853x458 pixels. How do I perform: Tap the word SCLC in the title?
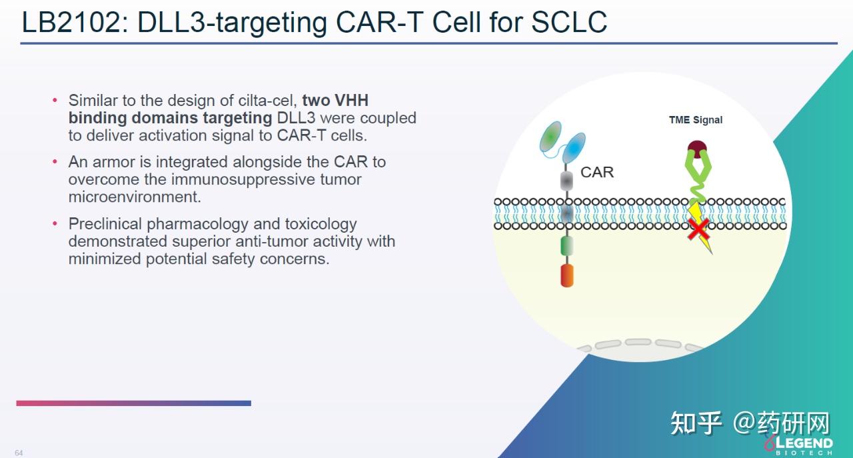coord(568,22)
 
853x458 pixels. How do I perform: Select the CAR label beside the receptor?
coord(596,172)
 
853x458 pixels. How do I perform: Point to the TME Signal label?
coord(695,120)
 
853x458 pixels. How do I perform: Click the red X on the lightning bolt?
coord(698,229)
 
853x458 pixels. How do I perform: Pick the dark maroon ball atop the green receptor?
coord(697,149)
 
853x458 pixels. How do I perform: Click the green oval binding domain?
coord(550,137)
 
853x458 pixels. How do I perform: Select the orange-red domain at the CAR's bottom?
coord(567,275)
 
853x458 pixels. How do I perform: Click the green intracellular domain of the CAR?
coord(567,246)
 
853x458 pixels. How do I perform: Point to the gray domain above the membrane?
coord(566,181)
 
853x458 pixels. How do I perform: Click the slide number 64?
coord(19,453)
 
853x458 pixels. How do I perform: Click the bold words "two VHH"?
coord(335,101)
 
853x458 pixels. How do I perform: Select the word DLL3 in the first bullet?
coord(296,118)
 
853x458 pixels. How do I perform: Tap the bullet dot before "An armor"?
coord(55,162)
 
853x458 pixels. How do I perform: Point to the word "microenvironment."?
coord(135,197)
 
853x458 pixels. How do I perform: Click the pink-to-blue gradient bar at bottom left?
coord(134,403)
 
